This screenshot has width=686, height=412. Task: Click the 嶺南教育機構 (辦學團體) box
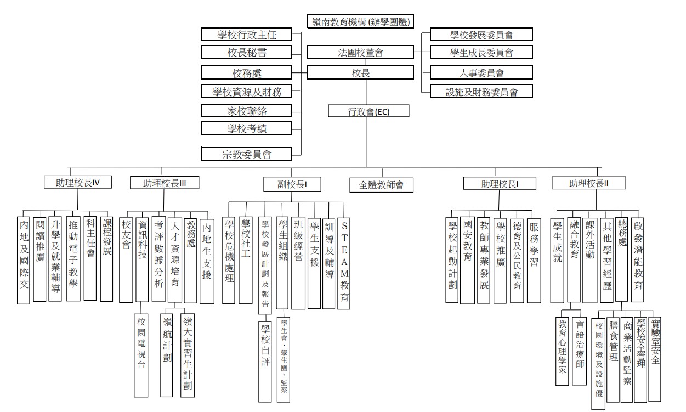tap(360, 22)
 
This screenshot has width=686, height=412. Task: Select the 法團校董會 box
tap(360, 53)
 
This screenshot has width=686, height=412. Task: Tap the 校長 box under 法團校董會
tap(360, 72)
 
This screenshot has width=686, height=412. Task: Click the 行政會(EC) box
tap(360, 111)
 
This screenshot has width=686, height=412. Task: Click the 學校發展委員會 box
tap(481, 35)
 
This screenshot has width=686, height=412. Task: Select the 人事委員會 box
tap(481, 72)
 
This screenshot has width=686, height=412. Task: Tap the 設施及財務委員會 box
tap(481, 92)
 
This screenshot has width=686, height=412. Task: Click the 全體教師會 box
tap(381, 184)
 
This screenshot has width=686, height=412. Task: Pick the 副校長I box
tap(292, 184)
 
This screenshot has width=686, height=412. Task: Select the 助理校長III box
tap(164, 183)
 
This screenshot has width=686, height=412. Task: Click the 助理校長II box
tap(589, 183)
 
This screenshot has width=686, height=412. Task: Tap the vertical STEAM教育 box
tap(344, 263)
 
